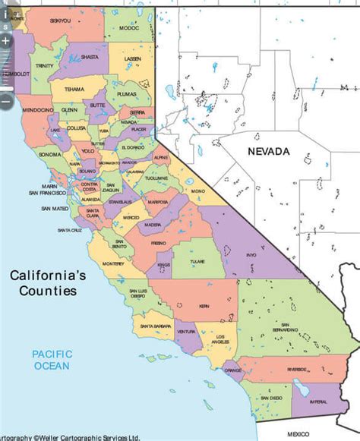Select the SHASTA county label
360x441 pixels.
90,55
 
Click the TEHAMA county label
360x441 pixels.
74,89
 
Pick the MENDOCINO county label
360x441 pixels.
36,111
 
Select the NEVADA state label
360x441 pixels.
268,152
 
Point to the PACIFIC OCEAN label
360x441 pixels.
51,359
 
